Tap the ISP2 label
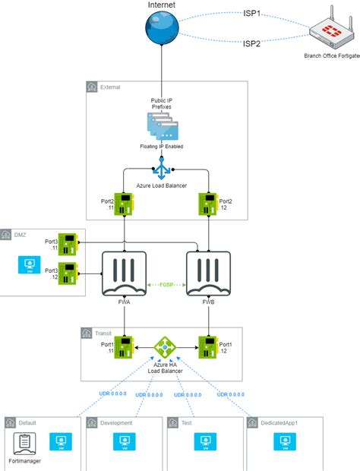(x=252, y=45)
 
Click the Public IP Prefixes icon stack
(x=161, y=125)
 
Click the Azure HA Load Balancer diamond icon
(x=165, y=349)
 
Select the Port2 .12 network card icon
(x=208, y=204)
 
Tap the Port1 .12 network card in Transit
(x=208, y=349)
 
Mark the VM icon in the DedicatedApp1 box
(x=284, y=441)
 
